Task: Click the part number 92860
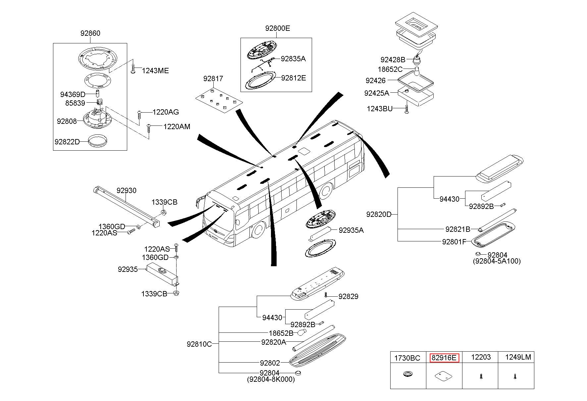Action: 90,33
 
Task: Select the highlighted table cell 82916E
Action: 444,358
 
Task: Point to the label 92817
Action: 213,79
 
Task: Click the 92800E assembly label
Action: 277,28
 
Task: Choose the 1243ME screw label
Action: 155,71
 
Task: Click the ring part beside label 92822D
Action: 98,140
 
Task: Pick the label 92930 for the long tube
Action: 126,190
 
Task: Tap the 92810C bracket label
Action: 199,344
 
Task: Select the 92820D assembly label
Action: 379,214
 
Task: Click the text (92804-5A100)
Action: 497,261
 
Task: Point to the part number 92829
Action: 347,296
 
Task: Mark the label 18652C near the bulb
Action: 390,70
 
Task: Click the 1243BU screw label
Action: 379,109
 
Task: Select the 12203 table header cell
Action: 481,357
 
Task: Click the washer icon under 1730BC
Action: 407,375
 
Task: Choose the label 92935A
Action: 351,230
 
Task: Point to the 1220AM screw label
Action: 177,126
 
